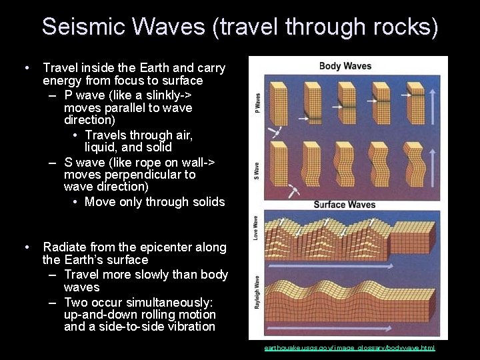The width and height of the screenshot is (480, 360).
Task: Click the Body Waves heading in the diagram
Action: (x=345, y=66)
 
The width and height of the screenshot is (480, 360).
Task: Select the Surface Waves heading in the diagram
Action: (x=345, y=205)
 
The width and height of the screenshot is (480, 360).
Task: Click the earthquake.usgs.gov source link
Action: (x=349, y=348)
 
